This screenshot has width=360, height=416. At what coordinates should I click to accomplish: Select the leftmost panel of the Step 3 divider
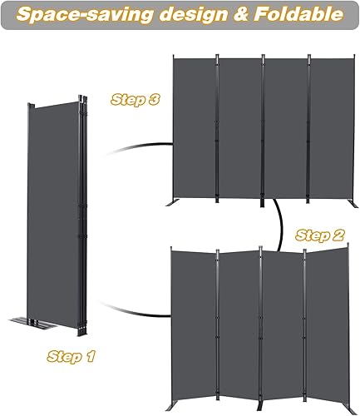194,129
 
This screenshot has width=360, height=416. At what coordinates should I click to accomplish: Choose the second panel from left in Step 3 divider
240,129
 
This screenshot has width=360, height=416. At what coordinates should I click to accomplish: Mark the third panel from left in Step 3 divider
287,129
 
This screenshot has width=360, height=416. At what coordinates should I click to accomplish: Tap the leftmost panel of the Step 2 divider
192,320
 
